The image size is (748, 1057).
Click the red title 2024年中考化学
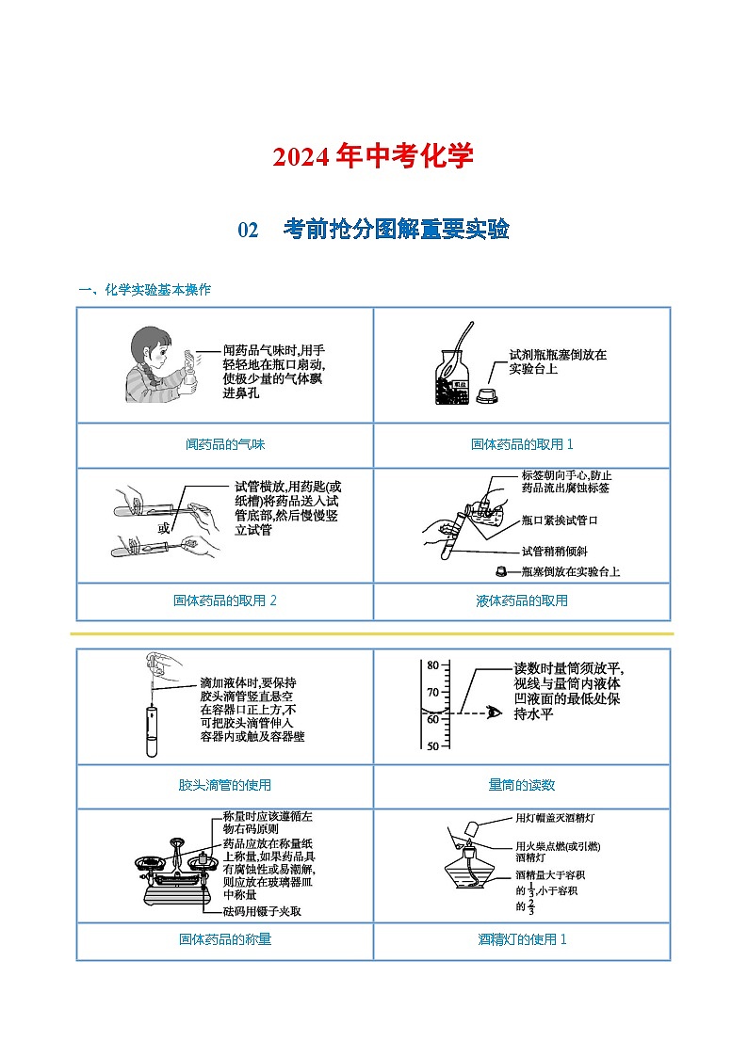(373, 156)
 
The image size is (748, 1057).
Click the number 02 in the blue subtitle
(248, 230)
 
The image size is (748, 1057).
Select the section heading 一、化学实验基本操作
(144, 290)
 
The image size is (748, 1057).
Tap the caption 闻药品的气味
(225, 444)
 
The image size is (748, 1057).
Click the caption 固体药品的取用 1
(522, 444)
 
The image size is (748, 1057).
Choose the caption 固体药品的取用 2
(225, 601)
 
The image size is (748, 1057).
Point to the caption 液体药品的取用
(522, 601)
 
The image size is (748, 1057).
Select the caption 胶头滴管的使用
(225, 784)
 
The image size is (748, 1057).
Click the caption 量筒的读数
(522, 784)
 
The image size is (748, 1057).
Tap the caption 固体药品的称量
(225, 938)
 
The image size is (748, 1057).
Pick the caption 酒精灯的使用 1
(522, 938)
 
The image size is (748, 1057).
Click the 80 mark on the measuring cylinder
(432, 665)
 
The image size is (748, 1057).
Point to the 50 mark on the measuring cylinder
(432, 746)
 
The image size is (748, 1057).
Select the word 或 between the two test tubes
(165, 528)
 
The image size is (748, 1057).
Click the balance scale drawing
(175, 865)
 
